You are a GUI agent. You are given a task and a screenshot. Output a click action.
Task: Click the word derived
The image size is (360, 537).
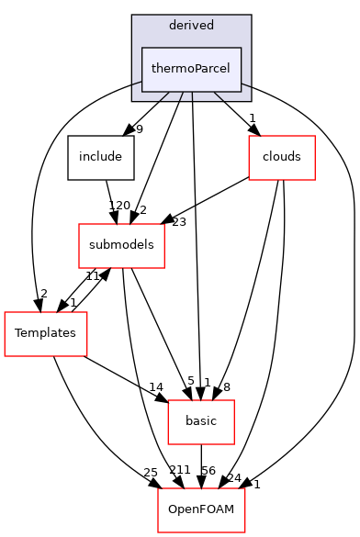point(191,25)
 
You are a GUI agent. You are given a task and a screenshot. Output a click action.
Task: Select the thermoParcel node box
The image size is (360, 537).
point(191,69)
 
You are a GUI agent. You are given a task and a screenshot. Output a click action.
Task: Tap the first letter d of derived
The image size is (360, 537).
point(173,25)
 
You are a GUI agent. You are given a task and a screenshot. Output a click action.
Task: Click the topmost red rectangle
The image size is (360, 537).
point(282,158)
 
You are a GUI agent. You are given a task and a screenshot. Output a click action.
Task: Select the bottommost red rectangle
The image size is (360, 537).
point(201,510)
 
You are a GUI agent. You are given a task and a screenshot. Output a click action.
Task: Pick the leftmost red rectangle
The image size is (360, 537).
point(46,334)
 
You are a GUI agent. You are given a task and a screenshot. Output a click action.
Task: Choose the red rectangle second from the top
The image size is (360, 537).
point(121,246)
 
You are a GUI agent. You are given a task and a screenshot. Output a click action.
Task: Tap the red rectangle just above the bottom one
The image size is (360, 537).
point(201,422)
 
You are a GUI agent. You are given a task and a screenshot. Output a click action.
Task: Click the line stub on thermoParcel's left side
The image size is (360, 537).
point(136,84)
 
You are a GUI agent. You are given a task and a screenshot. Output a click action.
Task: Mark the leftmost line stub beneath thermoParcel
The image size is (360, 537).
point(163,95)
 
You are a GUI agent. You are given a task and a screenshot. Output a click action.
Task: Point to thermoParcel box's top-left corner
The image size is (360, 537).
point(141,48)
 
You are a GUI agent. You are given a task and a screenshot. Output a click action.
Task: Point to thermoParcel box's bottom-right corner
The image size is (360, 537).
point(242,91)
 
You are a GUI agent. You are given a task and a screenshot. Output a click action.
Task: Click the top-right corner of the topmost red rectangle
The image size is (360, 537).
point(315,136)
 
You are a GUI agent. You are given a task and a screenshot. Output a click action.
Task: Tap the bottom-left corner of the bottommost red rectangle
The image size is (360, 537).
point(158,532)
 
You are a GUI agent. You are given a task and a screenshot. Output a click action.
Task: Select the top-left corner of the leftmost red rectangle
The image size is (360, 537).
point(5,312)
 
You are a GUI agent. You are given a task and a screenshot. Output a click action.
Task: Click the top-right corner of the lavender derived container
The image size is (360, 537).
point(250,16)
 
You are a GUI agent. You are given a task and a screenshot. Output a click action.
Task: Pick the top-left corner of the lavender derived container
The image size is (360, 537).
point(132,16)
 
